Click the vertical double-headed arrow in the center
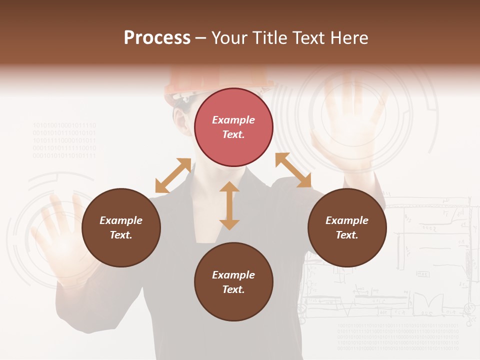(x=229, y=205)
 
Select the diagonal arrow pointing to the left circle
(x=173, y=175)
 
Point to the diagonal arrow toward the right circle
(x=293, y=170)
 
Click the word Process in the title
(x=157, y=38)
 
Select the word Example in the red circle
(x=233, y=120)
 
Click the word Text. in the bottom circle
(x=233, y=289)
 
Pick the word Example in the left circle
(x=121, y=220)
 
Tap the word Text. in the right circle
(x=347, y=235)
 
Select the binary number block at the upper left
(x=64, y=140)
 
